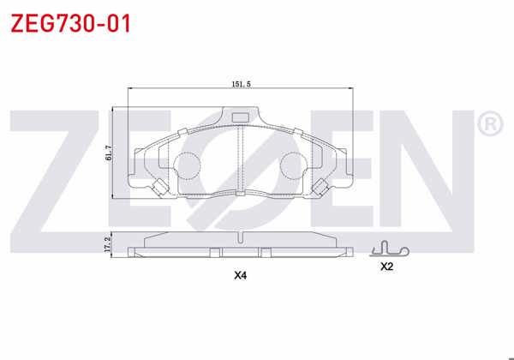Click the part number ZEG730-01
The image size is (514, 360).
pos(70,23)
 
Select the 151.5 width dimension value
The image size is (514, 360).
pos(241,83)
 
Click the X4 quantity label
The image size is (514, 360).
pos(241,276)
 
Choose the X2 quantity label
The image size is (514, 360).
pos(386,267)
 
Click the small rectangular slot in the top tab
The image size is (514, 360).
pos(241,117)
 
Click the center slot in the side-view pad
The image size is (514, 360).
pos(241,251)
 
